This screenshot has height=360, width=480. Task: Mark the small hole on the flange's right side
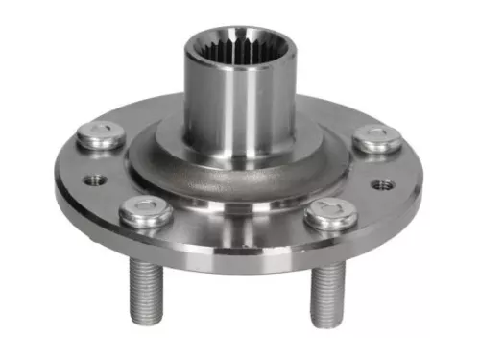click(383, 182)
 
